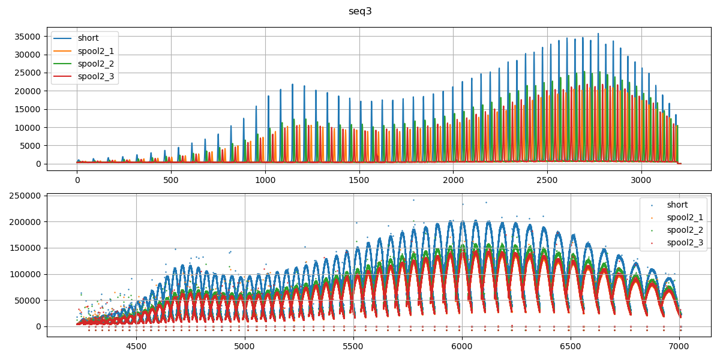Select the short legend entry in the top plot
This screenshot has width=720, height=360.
click(88, 38)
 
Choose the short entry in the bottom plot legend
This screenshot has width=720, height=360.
click(677, 205)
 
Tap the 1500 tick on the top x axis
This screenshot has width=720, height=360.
click(360, 179)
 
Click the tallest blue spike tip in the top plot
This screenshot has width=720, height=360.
click(598, 34)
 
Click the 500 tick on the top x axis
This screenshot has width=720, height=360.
click(171, 179)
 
